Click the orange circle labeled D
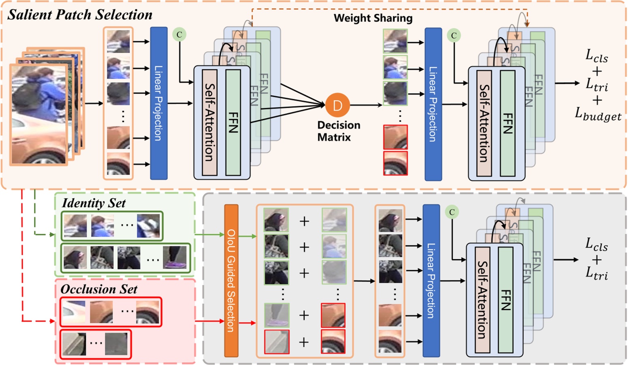point(337,105)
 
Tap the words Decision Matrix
point(338,131)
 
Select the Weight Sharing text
point(373,18)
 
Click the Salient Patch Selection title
point(80,15)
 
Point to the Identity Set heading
point(94,203)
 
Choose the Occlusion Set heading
point(99,289)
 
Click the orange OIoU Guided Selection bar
point(231,280)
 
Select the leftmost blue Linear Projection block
point(159,103)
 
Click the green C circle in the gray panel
point(452,212)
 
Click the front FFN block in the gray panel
point(505,300)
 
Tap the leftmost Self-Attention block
point(209,122)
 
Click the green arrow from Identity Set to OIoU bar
point(210,235)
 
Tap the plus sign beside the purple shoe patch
point(304,315)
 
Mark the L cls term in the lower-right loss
point(596,245)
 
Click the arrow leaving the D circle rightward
point(366,105)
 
